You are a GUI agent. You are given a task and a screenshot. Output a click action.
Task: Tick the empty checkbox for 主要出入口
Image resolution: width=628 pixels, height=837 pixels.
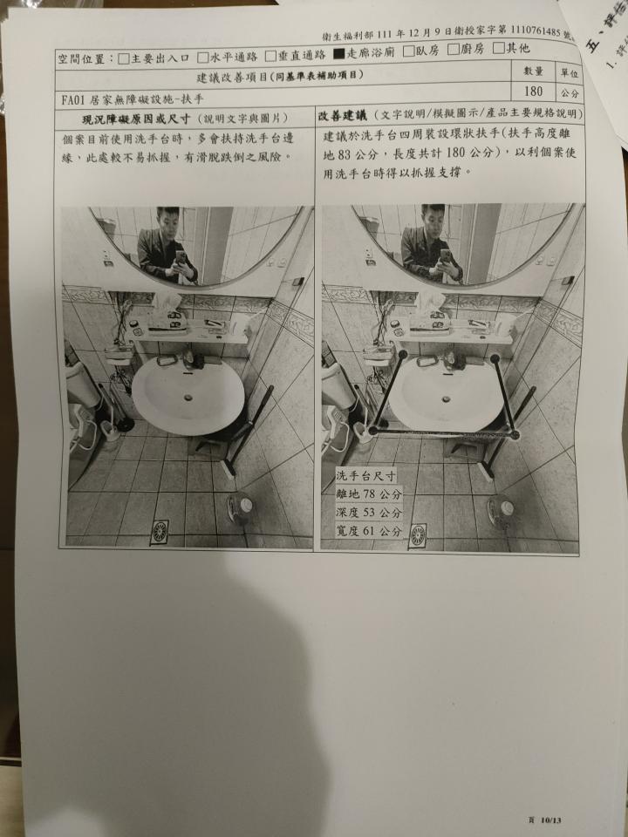point(123,59)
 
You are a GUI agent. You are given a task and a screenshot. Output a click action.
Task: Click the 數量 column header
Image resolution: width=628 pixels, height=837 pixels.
point(534,71)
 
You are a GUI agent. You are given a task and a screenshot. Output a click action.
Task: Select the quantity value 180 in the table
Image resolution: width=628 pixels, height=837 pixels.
point(534,91)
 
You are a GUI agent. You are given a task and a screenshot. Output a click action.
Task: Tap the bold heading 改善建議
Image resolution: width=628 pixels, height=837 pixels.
point(341,115)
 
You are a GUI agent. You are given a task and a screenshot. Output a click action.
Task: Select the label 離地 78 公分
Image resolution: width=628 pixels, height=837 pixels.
point(369,494)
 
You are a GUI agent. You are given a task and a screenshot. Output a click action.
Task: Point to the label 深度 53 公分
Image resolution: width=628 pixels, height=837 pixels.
point(369,512)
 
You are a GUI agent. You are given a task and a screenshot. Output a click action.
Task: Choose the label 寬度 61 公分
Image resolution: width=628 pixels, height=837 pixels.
point(369,530)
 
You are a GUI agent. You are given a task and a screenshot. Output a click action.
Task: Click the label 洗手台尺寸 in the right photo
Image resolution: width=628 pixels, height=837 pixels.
point(365,477)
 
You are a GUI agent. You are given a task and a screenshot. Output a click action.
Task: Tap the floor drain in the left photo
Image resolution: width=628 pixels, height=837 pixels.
point(160,531)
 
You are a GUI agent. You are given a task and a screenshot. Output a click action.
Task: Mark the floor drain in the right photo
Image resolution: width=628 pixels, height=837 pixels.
point(418,534)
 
